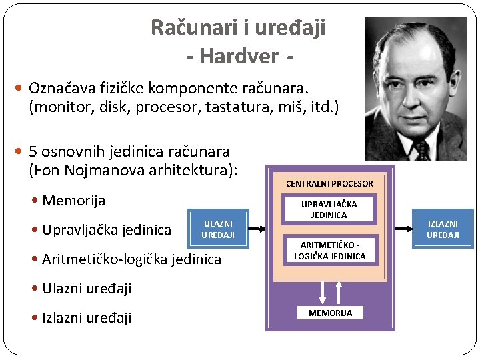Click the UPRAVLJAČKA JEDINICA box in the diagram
click(329, 209)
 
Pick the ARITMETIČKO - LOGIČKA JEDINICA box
click(329, 251)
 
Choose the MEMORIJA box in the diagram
click(331, 313)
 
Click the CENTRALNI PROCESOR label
click(329, 183)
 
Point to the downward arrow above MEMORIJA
click(322, 291)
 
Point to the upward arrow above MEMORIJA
click(339, 291)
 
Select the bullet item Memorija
click(73, 201)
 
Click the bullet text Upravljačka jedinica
click(106, 230)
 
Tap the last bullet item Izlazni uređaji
click(86, 317)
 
